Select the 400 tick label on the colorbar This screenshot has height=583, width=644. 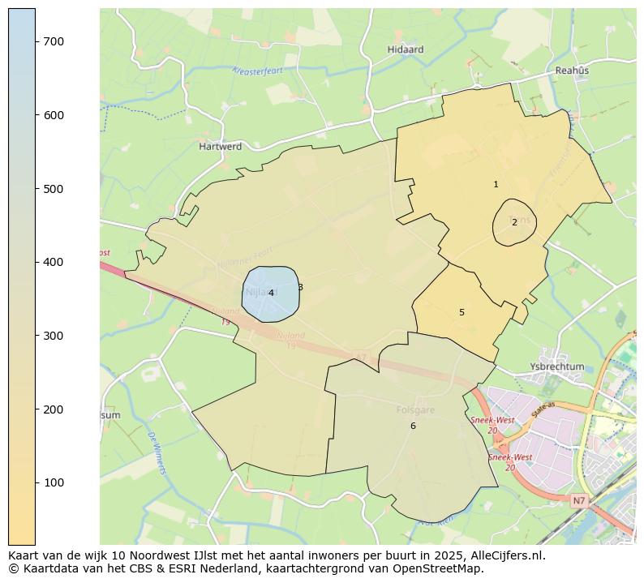click(x=54, y=262)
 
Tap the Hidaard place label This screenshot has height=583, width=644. click(x=406, y=49)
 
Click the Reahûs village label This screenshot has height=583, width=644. click(x=572, y=71)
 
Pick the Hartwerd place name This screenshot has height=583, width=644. click(x=221, y=147)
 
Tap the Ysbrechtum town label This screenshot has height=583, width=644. click(x=556, y=367)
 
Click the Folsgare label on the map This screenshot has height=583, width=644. click(x=415, y=410)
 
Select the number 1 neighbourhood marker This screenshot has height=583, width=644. click(x=496, y=185)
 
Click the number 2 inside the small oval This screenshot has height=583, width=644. click(x=514, y=222)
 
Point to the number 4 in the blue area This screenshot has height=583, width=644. click(x=271, y=294)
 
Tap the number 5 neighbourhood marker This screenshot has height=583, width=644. click(x=462, y=312)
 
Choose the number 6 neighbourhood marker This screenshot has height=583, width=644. click(x=413, y=426)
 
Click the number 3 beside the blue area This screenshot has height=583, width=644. click(x=300, y=287)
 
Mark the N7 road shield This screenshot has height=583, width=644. click(x=577, y=501)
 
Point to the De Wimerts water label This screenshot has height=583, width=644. click(x=157, y=453)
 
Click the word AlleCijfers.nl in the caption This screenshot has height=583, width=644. click(x=504, y=556)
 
